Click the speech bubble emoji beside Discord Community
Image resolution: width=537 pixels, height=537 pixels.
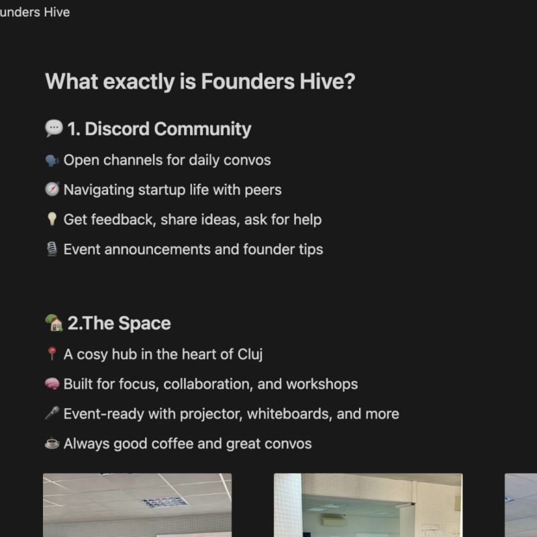pyautogui.click(x=54, y=128)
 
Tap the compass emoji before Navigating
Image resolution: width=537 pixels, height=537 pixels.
pyautogui.click(x=52, y=189)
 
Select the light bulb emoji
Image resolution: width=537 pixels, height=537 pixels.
pyautogui.click(x=52, y=219)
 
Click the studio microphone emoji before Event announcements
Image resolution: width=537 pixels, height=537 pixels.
pyautogui.click(x=52, y=249)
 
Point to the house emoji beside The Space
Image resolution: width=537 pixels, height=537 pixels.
pyautogui.click(x=54, y=323)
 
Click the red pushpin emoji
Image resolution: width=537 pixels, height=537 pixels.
pyautogui.click(x=52, y=354)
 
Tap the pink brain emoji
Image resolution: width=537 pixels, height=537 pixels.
pyautogui.click(x=52, y=383)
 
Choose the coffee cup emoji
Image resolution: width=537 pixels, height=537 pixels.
pyautogui.click(x=52, y=443)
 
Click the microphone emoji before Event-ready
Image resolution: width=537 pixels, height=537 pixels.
pyautogui.click(x=52, y=413)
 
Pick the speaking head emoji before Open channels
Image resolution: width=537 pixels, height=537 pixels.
pyautogui.click(x=52, y=160)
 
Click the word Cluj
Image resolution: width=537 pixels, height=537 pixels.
pyautogui.click(x=250, y=354)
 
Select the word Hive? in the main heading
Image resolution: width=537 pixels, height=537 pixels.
pyautogui.click(x=328, y=81)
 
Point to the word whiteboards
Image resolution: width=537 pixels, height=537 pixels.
pyautogui.click(x=290, y=413)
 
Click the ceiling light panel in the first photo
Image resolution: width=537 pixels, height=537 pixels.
pyautogui.click(x=164, y=502)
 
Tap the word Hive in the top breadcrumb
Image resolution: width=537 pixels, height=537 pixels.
pyautogui.click(x=57, y=12)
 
